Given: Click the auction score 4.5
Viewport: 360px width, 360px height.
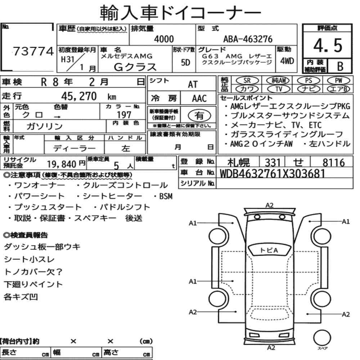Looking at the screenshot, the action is click(328, 45).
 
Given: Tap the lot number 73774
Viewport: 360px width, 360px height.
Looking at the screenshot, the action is click(33, 51).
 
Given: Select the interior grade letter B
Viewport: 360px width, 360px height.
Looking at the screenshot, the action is click(340, 66).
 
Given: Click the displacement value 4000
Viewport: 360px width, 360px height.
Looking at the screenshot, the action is click(164, 39).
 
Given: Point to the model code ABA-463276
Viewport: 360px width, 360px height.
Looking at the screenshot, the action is click(248, 39).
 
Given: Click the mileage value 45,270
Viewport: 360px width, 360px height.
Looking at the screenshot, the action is click(79, 96).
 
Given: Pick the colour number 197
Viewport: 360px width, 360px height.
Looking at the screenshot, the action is click(124, 114).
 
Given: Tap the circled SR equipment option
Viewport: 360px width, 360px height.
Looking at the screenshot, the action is click(247, 81).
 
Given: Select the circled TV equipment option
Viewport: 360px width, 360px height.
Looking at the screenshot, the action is click(279, 89).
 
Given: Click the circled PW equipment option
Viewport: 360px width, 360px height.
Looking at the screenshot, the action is click(338, 81).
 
